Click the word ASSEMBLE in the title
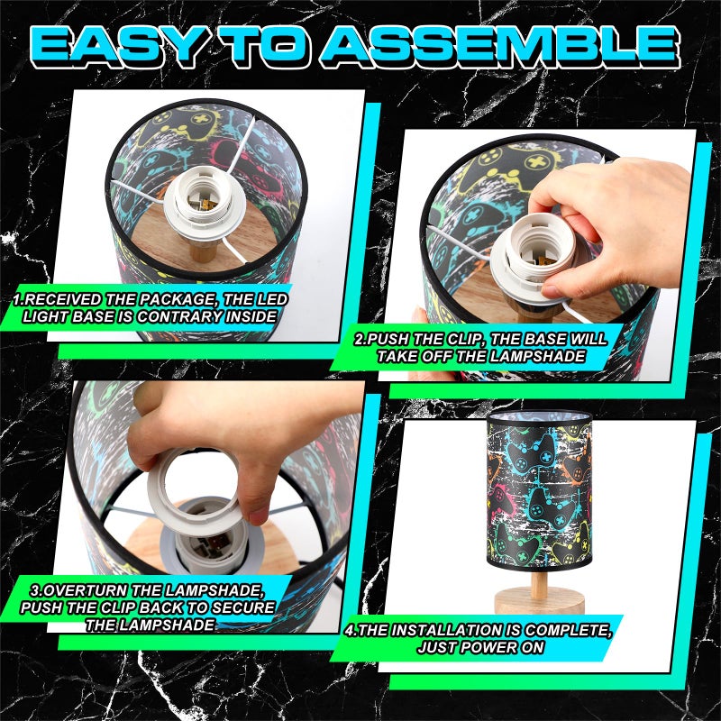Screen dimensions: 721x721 coord(502,45)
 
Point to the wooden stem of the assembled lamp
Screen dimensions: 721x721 coord(539,581)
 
